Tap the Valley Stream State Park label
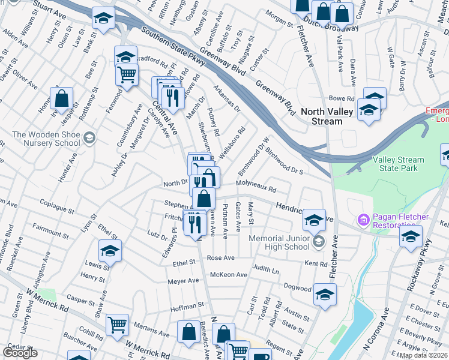pos(398,165)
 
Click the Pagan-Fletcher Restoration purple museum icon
pos(363,221)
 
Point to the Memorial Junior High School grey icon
pos(318,242)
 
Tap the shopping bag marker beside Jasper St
pos(61,98)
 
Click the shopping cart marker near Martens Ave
pos(117,325)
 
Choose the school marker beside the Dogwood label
pos(325,294)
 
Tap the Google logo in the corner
pos(20,353)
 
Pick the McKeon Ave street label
pos(229,275)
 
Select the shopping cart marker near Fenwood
pos(127,75)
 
